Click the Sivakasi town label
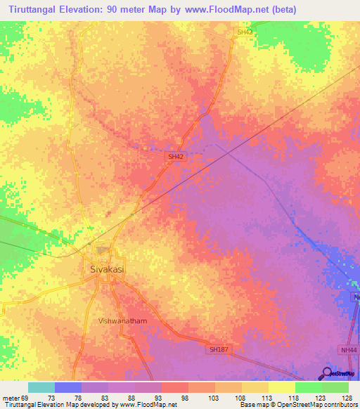pos(107,268)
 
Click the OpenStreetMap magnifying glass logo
pos(327,372)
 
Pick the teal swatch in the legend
pos(41,387)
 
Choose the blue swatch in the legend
pos(67,387)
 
